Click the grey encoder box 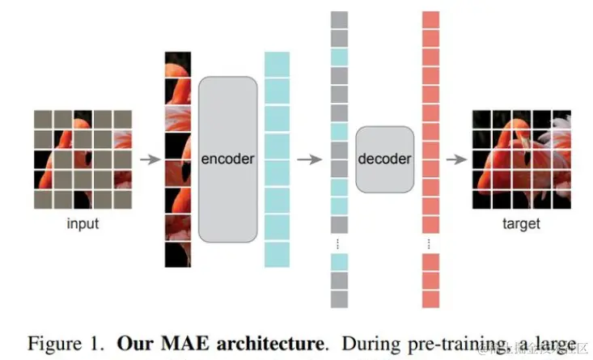pos(227,159)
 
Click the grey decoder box pos(384,159)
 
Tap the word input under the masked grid pos(82,224)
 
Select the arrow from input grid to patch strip pos(149,159)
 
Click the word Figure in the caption pos(56,342)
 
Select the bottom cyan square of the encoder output pos(277,254)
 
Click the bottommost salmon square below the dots pos(430,299)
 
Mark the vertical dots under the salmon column pos(430,243)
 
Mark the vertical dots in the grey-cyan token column pos(338,243)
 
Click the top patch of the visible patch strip pos(177,66)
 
